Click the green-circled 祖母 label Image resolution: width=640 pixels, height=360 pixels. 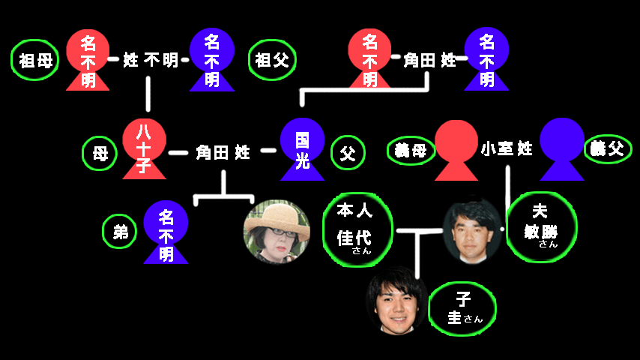click(x=35, y=61)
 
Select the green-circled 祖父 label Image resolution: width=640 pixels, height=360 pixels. click(x=272, y=59)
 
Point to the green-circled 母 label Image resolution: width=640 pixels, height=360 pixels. click(x=100, y=153)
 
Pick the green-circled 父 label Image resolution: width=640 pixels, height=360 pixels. click(x=347, y=152)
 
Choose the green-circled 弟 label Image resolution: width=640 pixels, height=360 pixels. click(x=120, y=232)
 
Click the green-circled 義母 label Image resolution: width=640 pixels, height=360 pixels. click(x=411, y=150)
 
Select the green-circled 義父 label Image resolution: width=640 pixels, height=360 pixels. click(x=607, y=148)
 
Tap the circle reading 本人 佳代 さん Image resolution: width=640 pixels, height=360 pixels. click(x=357, y=227)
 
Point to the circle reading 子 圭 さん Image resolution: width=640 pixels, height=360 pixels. click(x=462, y=309)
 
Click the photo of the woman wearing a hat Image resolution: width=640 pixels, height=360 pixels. click(x=277, y=231)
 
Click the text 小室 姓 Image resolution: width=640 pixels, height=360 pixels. click(x=507, y=148)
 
